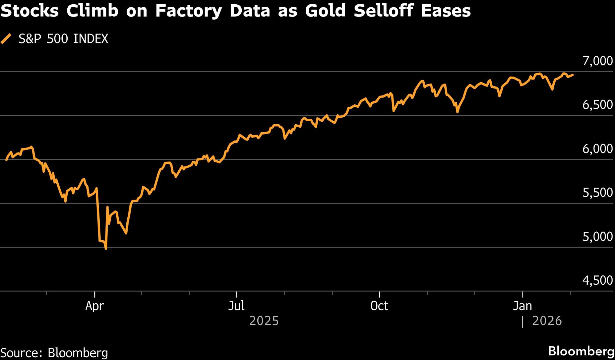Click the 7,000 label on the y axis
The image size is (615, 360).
[x=597, y=61]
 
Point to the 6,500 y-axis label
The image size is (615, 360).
[x=597, y=105]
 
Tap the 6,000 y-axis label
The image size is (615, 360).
[x=597, y=149]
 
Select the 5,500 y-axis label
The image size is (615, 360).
[x=597, y=193]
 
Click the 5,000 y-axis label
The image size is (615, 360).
[x=597, y=237]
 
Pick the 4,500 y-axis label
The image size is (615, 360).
[x=597, y=280]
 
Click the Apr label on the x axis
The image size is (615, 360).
[x=94, y=306]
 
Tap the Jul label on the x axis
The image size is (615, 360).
[x=236, y=306]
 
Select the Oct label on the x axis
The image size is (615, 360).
[x=379, y=306]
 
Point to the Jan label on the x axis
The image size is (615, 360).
[x=522, y=306]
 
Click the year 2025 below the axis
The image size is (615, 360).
[x=264, y=321]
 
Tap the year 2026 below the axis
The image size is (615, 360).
[x=547, y=321]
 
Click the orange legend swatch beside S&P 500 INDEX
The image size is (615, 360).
[x=6, y=39]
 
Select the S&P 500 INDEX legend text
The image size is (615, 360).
[x=63, y=39]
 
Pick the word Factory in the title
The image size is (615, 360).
[x=188, y=11]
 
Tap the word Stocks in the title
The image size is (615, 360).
[x=30, y=11]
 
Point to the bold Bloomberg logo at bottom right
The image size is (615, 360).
[x=581, y=351]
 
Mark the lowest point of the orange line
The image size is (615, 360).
[x=106, y=249]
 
